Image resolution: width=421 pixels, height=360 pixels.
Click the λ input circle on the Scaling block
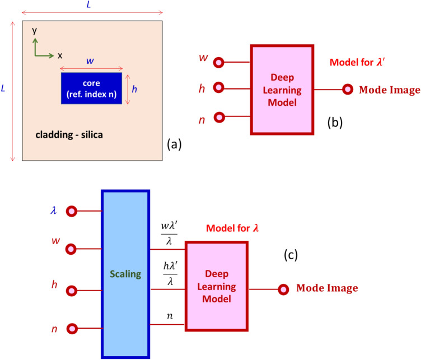pos(71,211)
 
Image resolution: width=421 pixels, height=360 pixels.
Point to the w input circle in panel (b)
pos(219,62)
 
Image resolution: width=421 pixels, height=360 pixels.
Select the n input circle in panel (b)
pos(219,117)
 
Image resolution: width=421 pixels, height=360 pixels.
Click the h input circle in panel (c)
pos(71,291)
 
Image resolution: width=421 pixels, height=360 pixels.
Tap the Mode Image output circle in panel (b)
pos(348,89)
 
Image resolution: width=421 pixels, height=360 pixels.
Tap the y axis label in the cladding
pos(35,31)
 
